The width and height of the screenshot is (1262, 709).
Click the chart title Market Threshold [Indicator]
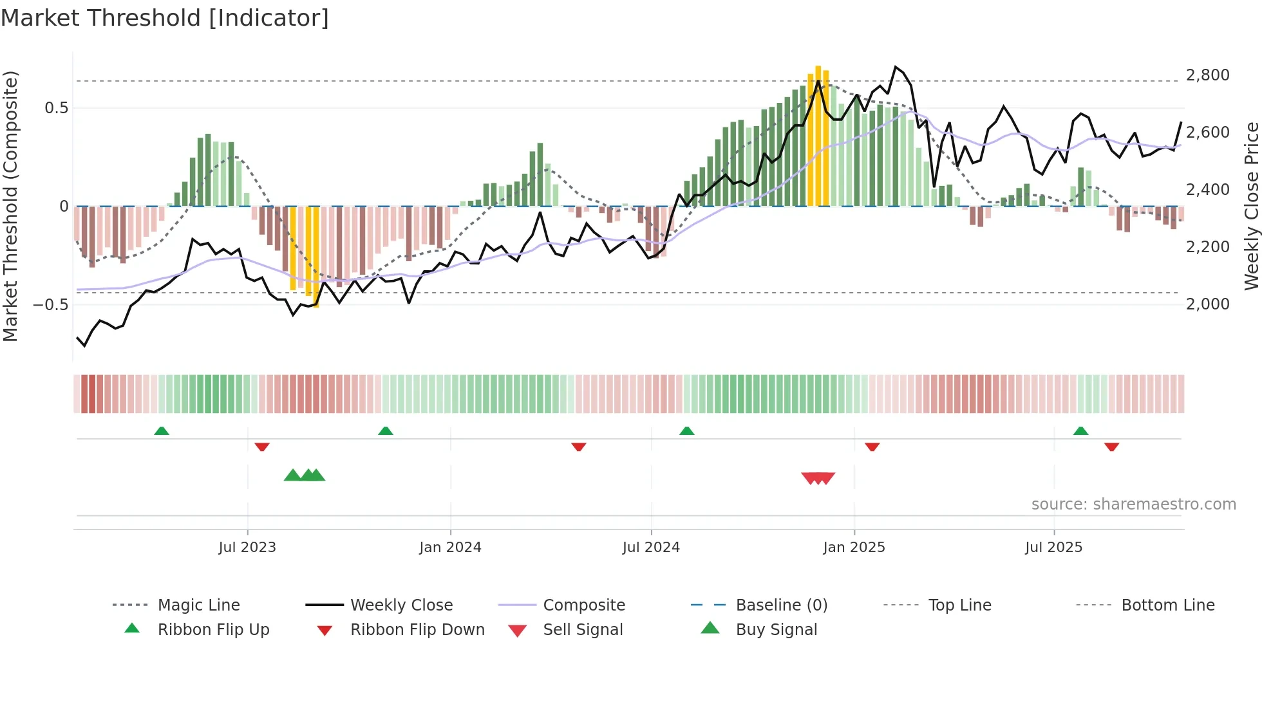165,18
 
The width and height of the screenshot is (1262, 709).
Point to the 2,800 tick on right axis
1207,75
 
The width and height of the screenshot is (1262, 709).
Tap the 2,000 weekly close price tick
1207,304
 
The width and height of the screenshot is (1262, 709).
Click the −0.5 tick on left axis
50,304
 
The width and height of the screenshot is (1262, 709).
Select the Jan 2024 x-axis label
450,548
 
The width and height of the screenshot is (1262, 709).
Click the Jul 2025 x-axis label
1053,548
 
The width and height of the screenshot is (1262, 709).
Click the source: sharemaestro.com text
1133,504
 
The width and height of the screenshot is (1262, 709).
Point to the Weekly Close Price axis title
1251,206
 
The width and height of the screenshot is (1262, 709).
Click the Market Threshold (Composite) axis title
11,206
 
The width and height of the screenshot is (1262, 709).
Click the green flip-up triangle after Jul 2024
686,431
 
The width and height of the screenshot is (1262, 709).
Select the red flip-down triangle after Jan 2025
872,447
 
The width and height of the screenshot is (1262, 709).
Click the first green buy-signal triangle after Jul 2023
292,475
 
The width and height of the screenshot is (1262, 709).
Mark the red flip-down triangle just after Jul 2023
261,447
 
